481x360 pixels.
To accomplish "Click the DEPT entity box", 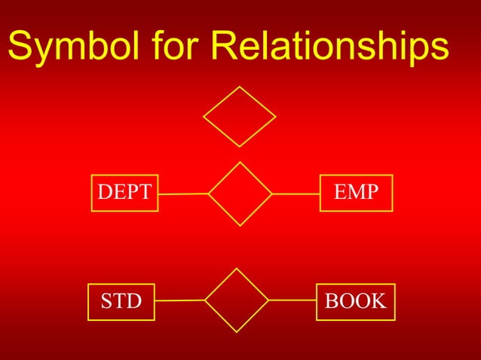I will pos(124,193).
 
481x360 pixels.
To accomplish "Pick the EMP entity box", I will pos(357,193).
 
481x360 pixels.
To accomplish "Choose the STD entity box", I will pos(121,302).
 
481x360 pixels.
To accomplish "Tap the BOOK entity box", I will pos(355,302).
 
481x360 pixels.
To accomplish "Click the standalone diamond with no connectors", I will pos(240,117).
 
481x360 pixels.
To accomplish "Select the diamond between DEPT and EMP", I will pos(240,194).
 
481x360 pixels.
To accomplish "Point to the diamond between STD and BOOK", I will pos(237,300).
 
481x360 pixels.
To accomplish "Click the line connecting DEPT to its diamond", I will pos(183,194).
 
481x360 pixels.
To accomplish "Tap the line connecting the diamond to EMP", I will pos(296,194).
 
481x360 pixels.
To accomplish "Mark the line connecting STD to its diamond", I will pos(179,301).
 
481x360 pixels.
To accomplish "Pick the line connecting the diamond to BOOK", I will pos(293,300).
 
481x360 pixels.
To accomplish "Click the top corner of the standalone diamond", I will pos(240,87).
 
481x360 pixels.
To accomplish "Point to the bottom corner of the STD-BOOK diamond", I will pos(237,331).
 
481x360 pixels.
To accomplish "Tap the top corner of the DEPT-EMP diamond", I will pos(240,162).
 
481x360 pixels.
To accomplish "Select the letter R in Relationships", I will pos(225,47).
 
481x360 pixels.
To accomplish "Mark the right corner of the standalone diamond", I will pos(276,117).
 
